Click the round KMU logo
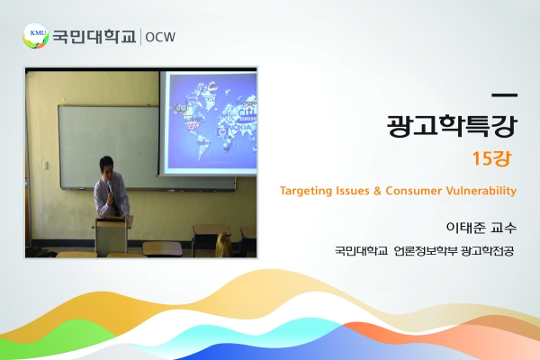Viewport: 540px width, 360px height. (35, 36)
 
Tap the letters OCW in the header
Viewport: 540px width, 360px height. (160, 37)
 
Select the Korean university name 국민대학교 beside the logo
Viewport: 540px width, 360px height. (94, 37)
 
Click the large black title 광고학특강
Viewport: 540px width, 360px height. (452, 125)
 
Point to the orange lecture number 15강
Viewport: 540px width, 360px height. (491, 158)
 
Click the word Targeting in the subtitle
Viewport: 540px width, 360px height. (302, 191)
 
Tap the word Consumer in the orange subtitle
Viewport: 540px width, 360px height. (414, 191)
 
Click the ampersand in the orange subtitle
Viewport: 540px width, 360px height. (377, 191)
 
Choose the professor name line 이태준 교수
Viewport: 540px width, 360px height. (481, 228)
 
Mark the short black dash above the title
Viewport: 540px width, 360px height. (505, 95)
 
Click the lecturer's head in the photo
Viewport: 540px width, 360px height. (106, 166)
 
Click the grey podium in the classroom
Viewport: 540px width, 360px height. (111, 236)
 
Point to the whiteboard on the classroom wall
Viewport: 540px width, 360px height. (109, 148)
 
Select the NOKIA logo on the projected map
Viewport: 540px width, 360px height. (243, 127)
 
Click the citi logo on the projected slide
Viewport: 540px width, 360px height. (247, 112)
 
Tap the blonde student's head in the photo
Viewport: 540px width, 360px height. (224, 244)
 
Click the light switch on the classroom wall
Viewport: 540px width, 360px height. (46, 165)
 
